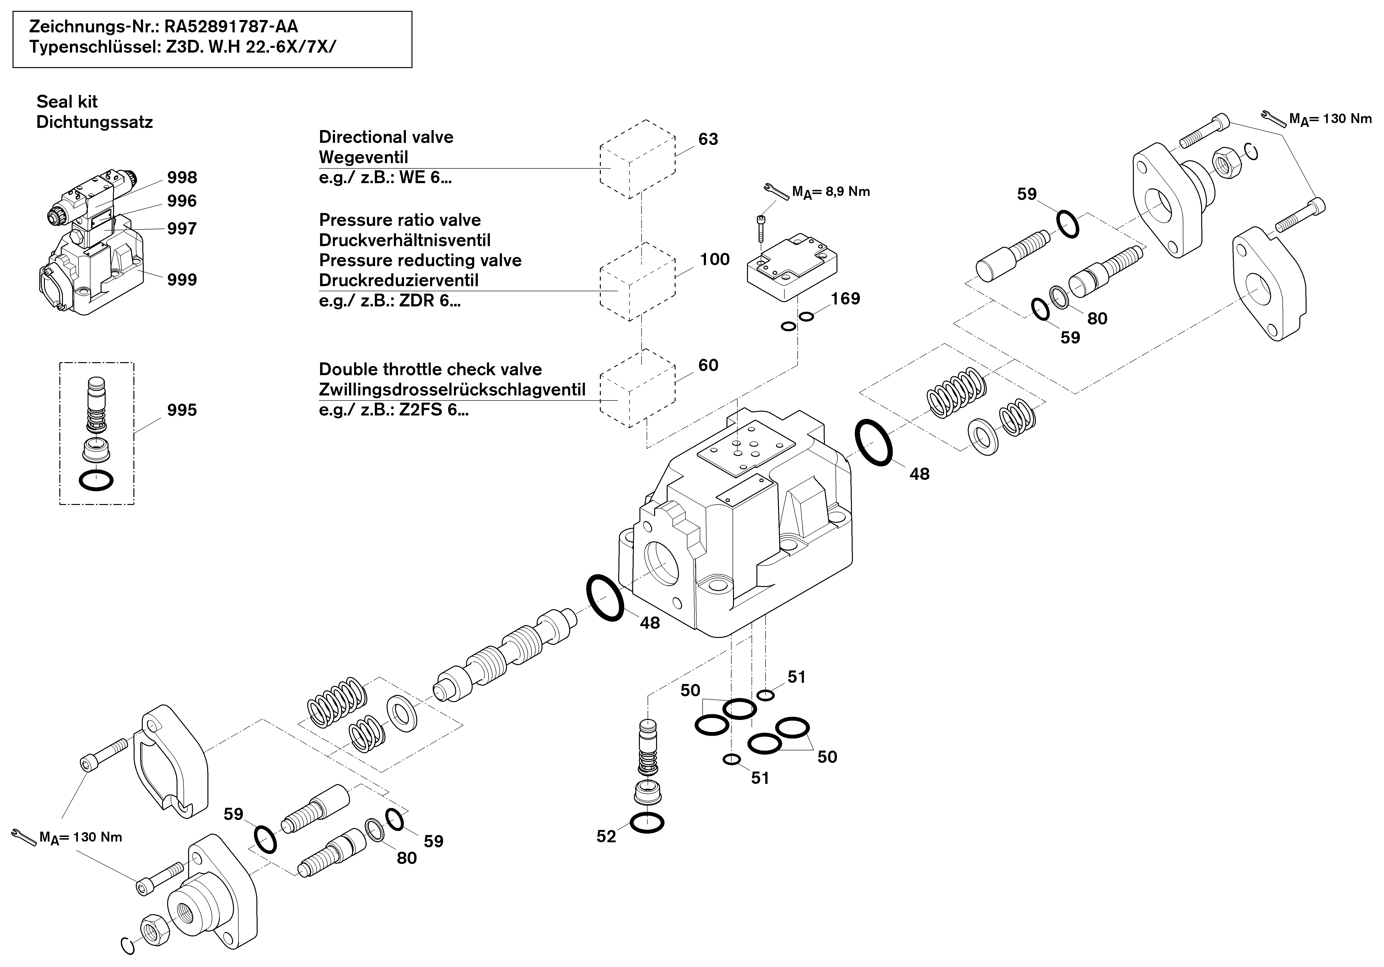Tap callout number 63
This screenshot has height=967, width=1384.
pyautogui.click(x=708, y=139)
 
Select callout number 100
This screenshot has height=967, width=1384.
pyautogui.click(x=715, y=259)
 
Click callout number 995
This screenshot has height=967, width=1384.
pyautogui.click(x=182, y=410)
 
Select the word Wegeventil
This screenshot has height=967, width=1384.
pyautogui.click(x=363, y=157)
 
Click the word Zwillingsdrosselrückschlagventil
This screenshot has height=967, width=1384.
pyautogui.click(x=452, y=389)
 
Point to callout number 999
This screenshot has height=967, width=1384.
pyautogui.click(x=182, y=280)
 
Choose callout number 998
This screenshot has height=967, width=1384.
pyautogui.click(x=182, y=177)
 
